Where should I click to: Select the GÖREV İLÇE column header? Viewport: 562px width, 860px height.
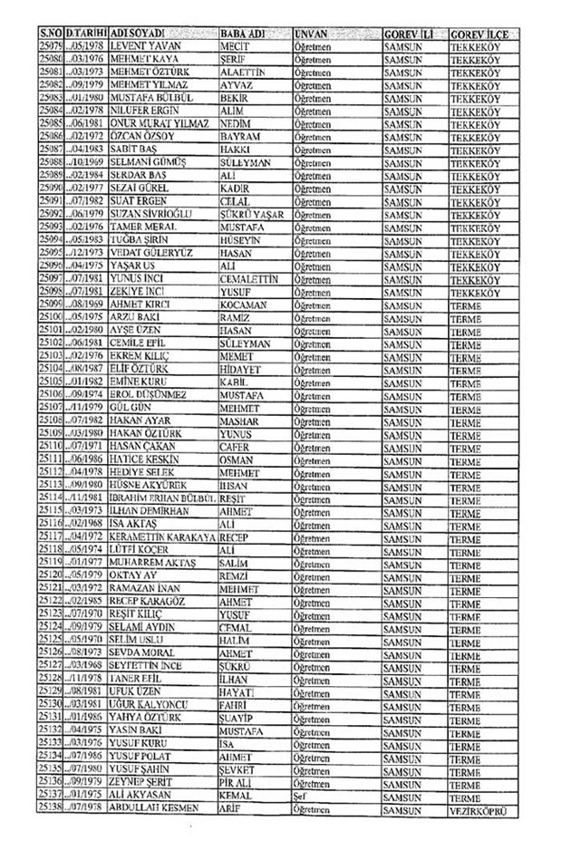(479, 33)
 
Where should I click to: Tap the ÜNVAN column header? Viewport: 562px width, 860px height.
(312, 33)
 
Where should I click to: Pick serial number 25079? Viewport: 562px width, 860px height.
(55, 43)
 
